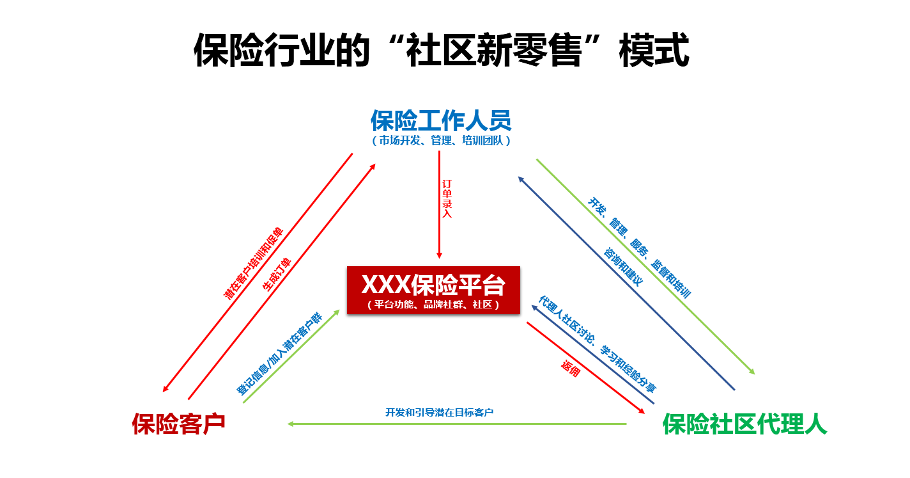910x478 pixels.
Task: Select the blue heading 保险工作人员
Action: click(x=441, y=120)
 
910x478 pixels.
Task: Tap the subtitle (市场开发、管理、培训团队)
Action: click(x=441, y=140)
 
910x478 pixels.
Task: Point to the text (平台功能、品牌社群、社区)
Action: click(x=433, y=305)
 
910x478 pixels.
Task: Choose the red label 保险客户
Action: click(x=179, y=424)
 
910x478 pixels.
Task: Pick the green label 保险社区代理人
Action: click(x=744, y=424)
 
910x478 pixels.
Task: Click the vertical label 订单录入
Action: click(x=447, y=198)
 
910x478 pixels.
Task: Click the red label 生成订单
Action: click(x=277, y=275)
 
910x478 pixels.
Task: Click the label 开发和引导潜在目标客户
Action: click(x=439, y=412)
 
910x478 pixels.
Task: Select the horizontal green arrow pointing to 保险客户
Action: click(x=457, y=424)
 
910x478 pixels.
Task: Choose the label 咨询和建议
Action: click(x=623, y=266)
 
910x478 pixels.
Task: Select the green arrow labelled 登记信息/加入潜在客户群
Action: click(x=291, y=356)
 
